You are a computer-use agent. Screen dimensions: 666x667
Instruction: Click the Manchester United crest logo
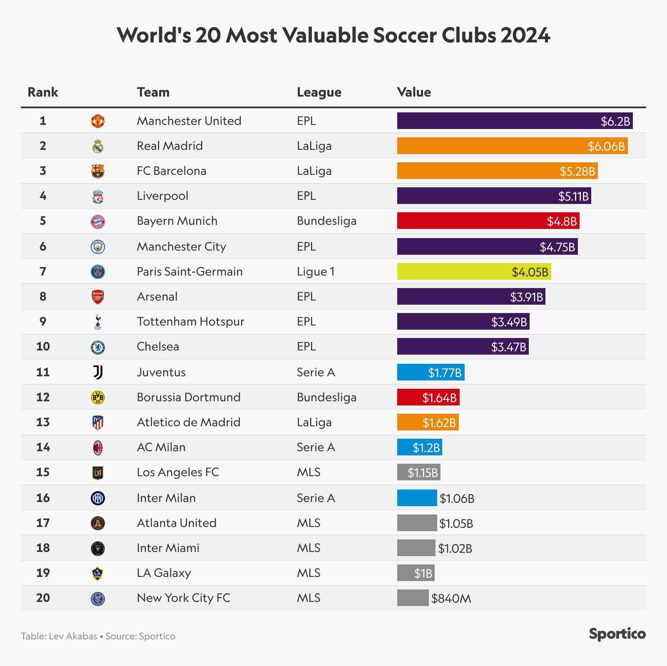[x=98, y=121]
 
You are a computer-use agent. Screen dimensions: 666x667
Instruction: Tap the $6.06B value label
[x=606, y=146]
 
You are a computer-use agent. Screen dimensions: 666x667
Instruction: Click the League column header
[x=319, y=92]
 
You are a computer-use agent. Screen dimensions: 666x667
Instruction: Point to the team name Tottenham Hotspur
[x=190, y=321]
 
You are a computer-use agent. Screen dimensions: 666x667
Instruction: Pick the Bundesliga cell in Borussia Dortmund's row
[x=326, y=397]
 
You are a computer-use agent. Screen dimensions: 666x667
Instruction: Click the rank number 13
[x=43, y=422]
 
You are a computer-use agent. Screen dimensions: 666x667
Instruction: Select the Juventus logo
[x=98, y=372]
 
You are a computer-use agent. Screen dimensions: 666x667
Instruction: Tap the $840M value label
[x=451, y=598]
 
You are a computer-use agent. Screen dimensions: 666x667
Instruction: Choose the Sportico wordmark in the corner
[x=617, y=634]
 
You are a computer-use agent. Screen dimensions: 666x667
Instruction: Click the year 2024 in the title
[x=525, y=35]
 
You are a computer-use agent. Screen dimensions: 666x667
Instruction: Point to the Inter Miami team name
[x=168, y=548]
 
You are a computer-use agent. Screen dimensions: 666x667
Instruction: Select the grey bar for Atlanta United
[x=417, y=523]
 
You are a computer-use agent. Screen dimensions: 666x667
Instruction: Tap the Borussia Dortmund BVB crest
[x=98, y=398]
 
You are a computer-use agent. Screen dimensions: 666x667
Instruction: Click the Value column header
[x=414, y=92]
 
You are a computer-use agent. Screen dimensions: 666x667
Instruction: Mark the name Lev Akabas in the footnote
[x=73, y=636]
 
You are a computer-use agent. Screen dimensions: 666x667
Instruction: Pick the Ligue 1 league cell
[x=316, y=271]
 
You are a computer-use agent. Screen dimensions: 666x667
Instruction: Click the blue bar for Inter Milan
[x=417, y=498]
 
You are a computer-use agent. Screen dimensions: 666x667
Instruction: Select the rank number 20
[x=43, y=598]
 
